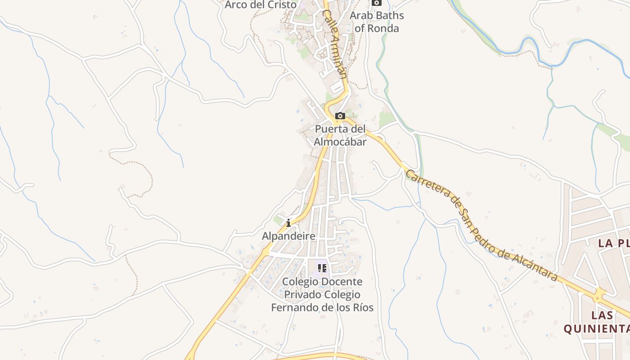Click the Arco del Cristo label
261,4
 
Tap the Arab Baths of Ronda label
377,22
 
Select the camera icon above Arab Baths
377,3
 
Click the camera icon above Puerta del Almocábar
340,116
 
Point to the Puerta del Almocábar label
340,135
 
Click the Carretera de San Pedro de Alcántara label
481,225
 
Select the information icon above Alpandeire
288,223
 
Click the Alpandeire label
288,236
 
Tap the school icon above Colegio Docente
322,269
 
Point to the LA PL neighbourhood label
613,243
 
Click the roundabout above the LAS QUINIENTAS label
598,296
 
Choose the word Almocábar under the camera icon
340,142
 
